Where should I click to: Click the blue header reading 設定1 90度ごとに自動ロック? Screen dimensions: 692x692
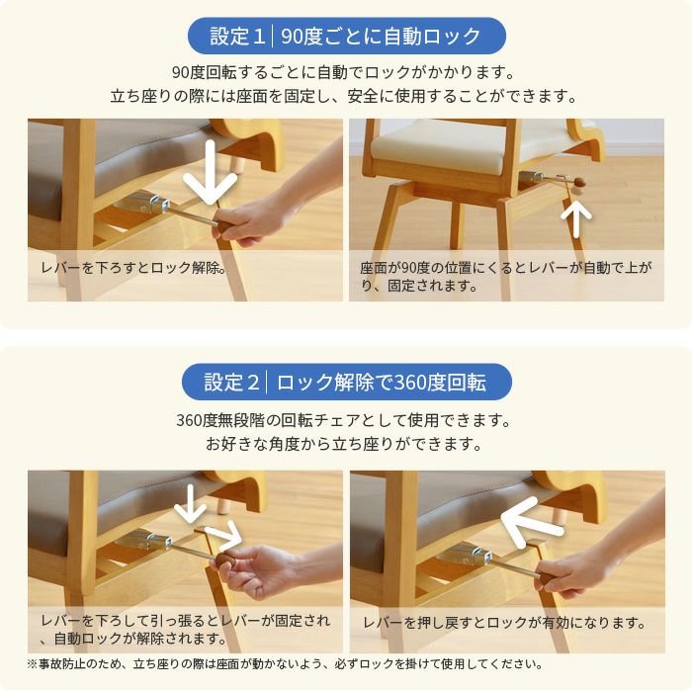tap(346, 37)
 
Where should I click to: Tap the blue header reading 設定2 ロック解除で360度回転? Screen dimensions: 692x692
tap(346, 382)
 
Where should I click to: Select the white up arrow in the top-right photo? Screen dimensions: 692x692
tap(578, 217)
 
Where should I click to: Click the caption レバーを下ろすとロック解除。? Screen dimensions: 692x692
tap(133, 267)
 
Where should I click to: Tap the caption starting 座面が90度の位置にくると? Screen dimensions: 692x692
tap(505, 276)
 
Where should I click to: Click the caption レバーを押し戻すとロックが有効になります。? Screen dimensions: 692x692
tap(504, 623)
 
